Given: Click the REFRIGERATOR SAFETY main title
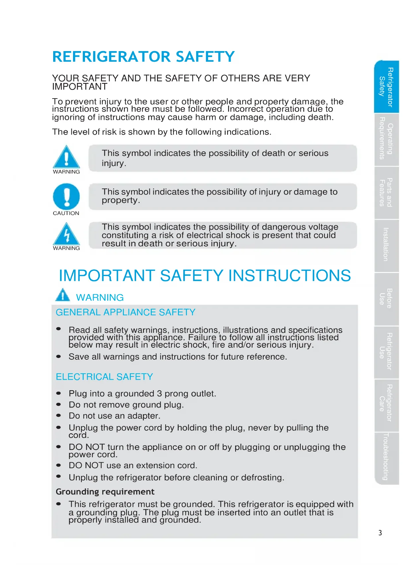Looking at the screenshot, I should pos(143,57).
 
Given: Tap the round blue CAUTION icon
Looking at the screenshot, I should pos(66,197).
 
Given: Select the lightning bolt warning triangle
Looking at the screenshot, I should pos(66,234).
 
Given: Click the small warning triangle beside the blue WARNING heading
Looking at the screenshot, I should pos(63,295).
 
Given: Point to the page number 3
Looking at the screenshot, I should pos(380,533).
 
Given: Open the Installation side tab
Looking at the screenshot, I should pos(386,246).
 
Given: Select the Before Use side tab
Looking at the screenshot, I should pos(386,299).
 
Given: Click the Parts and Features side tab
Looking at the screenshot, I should pos(386,192).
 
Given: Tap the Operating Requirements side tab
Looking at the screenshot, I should pos(386,139).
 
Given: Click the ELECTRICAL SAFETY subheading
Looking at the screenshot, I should pos(104,377).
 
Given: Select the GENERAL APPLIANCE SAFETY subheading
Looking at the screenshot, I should pos(125,312).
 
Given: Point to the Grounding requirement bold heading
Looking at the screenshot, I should pos(105,492).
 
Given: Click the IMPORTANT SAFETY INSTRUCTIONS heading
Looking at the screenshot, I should pos(205,275).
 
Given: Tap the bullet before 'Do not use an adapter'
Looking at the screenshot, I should pos(59,415).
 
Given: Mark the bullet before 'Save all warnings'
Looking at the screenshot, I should pos(59,357).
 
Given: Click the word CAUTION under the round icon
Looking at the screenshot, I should pos(66,213).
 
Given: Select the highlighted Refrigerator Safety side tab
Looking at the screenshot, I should pos(386,87).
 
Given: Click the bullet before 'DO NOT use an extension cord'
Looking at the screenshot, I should pos(59,465).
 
